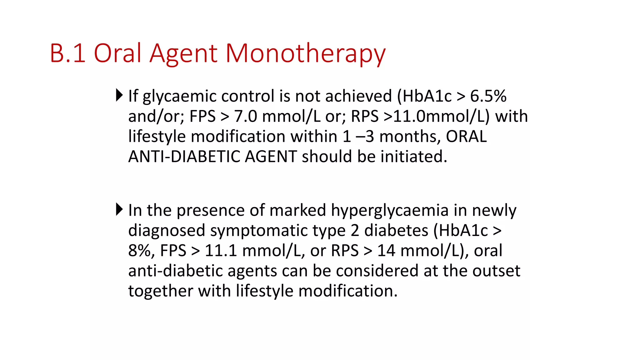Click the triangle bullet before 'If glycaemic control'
point(119,95)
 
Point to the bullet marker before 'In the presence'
point(119,209)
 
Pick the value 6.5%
point(488,96)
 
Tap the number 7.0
point(246,116)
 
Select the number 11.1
point(221,251)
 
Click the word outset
point(496,271)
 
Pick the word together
point(160,291)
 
